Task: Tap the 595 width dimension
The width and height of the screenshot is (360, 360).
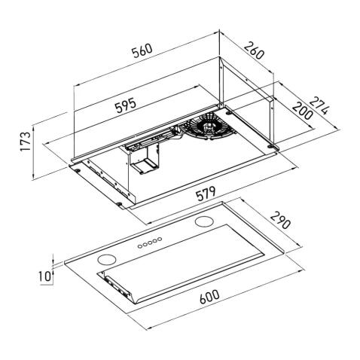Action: coord(122,105)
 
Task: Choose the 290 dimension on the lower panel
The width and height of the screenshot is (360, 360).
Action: coord(280,223)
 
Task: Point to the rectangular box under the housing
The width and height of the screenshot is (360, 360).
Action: coord(143,161)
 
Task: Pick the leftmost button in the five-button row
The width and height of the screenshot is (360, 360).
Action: coord(139,246)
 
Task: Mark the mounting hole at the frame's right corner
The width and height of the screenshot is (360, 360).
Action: coord(277,145)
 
